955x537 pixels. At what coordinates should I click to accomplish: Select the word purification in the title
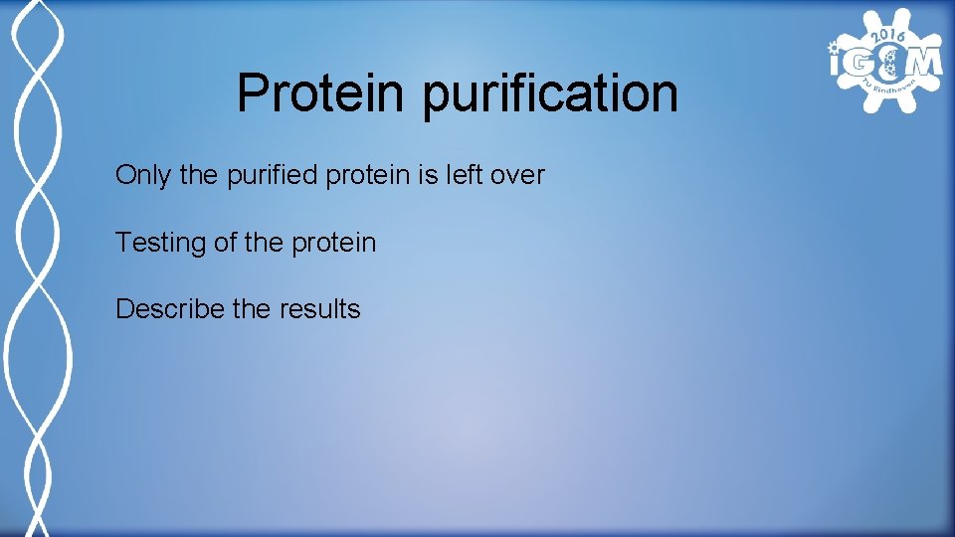click(550, 94)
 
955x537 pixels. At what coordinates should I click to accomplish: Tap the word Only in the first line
click(143, 176)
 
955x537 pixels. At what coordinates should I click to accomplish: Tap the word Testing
click(161, 243)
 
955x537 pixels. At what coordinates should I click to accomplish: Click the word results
click(319, 309)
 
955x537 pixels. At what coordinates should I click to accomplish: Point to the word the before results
click(252, 309)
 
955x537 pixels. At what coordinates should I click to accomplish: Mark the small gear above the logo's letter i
click(832, 45)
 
